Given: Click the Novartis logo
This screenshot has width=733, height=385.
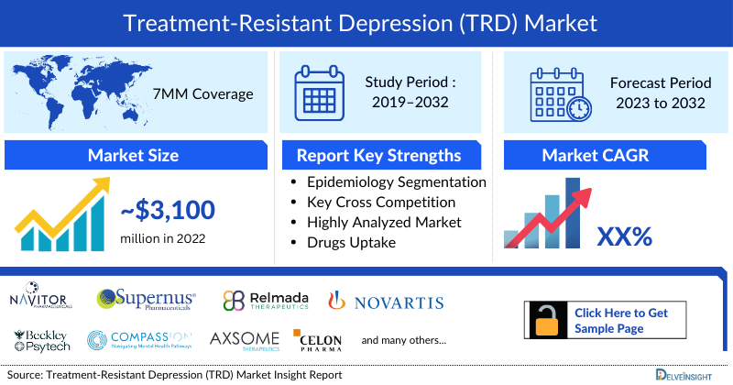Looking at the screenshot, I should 386,302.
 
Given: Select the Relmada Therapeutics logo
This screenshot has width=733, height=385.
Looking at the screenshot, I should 266,302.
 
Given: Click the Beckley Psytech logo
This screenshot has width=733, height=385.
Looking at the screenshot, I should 37,339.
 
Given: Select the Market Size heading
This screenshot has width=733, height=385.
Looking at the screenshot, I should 134,155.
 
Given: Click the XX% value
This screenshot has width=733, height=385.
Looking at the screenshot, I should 624,236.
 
